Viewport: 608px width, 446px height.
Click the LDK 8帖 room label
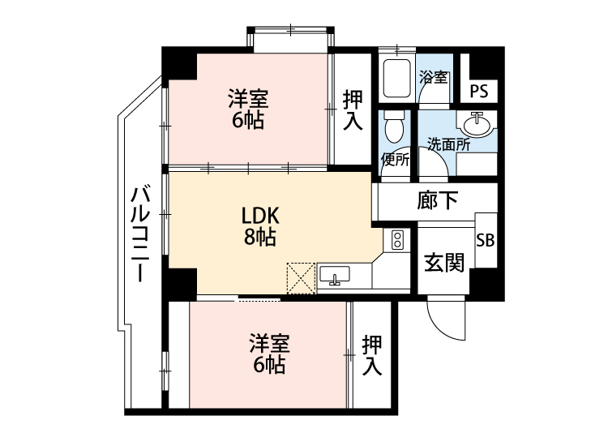tap(259, 226)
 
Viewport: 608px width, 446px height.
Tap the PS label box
tap(479, 90)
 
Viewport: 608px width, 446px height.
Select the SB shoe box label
tap(486, 240)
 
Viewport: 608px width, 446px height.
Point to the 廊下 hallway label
tap(438, 200)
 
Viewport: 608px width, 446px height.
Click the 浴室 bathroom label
tap(434, 78)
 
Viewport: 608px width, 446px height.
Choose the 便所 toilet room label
tap(395, 158)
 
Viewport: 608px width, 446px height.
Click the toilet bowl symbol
tap(395, 126)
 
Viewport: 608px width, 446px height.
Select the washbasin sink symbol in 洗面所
tap(476, 126)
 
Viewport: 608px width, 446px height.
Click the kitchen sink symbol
tap(334, 276)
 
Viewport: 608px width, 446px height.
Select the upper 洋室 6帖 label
tap(247, 109)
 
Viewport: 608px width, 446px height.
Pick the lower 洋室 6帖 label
tap(268, 354)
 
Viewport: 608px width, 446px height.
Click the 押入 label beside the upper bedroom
tap(353, 110)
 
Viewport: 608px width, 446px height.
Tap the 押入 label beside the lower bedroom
tap(372, 354)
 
